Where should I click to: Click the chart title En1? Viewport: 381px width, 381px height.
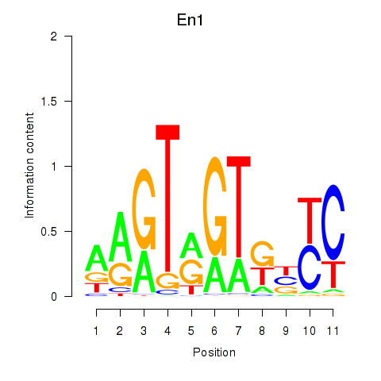click(x=190, y=20)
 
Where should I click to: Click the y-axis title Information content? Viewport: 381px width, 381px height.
click(x=29, y=165)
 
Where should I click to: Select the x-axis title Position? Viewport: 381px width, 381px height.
click(x=214, y=352)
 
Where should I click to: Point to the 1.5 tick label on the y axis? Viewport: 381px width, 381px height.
click(x=49, y=101)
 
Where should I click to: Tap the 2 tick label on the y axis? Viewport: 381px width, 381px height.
click(x=54, y=37)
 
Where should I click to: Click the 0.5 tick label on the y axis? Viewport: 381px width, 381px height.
click(x=49, y=232)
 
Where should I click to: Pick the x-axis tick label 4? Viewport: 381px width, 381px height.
click(x=167, y=331)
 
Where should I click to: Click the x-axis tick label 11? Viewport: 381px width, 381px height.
click(x=333, y=331)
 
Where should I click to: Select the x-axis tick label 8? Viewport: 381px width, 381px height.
click(x=262, y=331)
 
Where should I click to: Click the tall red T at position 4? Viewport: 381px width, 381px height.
click(x=167, y=198)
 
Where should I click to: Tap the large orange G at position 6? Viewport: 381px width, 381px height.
click(x=215, y=206)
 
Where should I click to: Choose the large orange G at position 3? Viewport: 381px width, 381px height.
click(x=144, y=210)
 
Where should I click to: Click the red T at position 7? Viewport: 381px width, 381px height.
click(x=239, y=207)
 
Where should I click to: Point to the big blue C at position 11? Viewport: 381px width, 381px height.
click(x=333, y=222)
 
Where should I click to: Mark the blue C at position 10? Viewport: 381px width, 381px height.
click(x=310, y=267)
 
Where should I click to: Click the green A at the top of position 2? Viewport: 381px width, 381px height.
click(x=121, y=237)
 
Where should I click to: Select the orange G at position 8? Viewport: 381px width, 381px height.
click(x=262, y=254)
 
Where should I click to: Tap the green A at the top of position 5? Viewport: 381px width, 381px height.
click(x=191, y=245)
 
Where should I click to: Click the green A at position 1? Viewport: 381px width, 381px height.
click(x=97, y=258)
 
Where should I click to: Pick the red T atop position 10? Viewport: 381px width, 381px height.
click(x=310, y=221)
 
